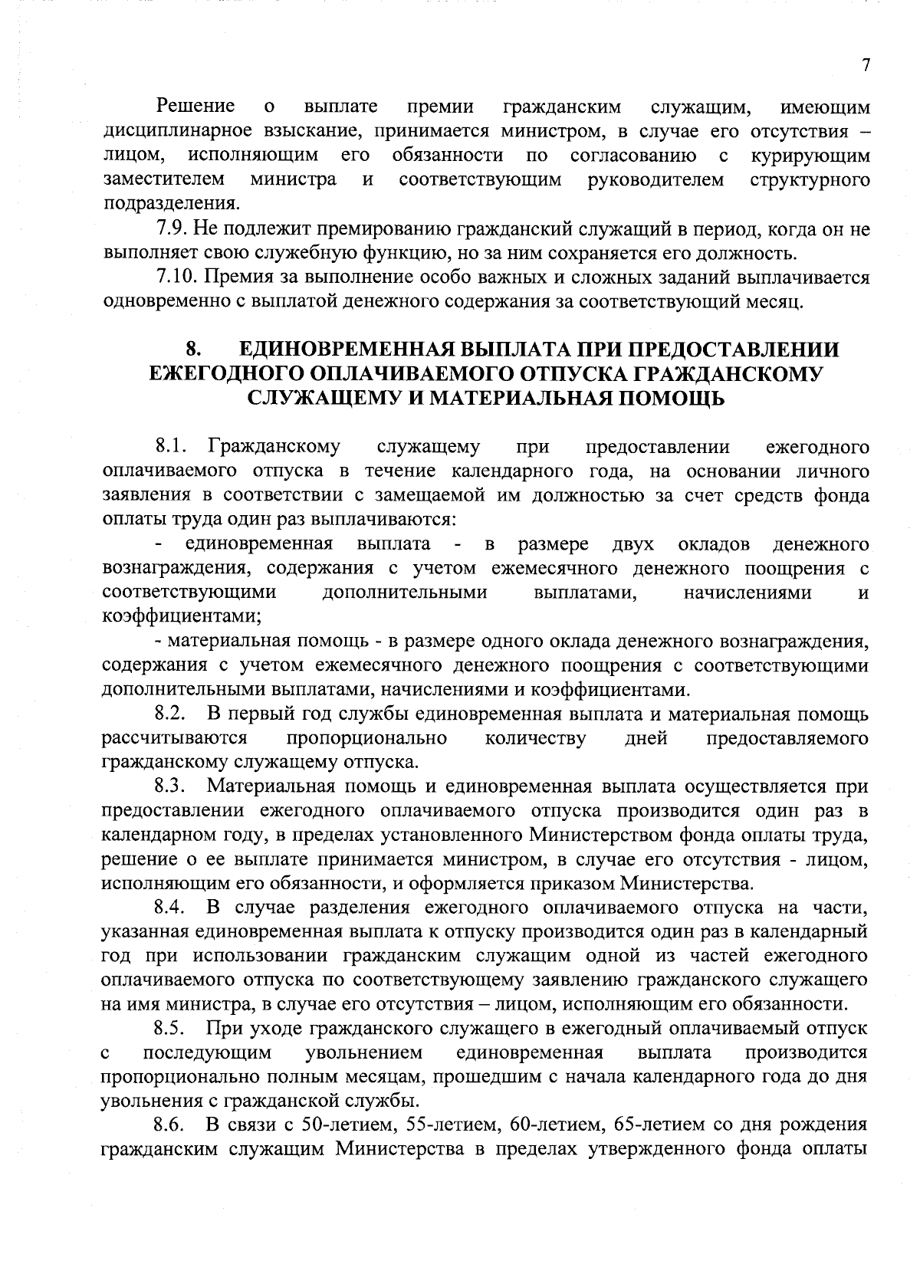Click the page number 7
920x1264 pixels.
point(866,66)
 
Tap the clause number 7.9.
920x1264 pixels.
point(169,228)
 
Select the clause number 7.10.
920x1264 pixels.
point(174,277)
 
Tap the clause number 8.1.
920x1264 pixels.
point(171,447)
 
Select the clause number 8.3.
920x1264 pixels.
point(171,787)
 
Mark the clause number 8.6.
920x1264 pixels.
point(171,1126)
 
